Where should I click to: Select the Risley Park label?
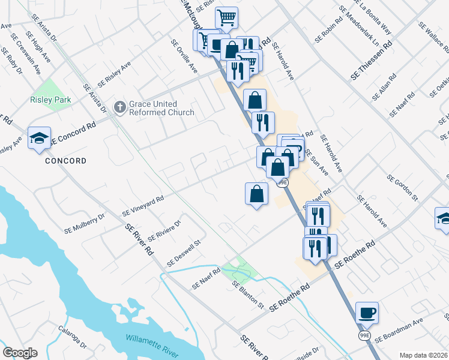point(51,100)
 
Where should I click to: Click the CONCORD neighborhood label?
point(65,161)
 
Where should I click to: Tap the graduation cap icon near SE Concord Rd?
point(38,139)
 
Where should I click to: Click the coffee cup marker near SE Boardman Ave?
point(367,313)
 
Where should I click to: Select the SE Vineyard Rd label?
point(143,205)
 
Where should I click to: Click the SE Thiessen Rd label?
point(372,62)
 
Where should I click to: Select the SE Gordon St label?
point(402,187)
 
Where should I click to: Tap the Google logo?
point(20,353)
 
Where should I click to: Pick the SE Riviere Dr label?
point(164,229)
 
